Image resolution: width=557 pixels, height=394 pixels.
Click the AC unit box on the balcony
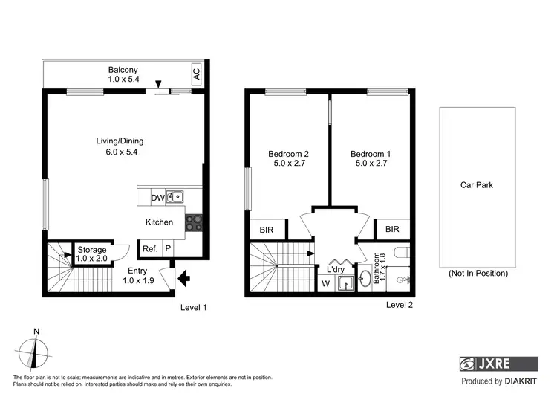coord(196,74)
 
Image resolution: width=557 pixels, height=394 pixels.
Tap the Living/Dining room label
coord(119,146)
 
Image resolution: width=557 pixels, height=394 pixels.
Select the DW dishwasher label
coord(157,198)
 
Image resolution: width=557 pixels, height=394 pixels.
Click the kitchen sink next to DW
coord(175,197)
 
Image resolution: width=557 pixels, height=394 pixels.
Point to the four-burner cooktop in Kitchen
coord(193,222)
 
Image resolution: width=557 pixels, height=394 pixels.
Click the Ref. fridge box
coord(149,249)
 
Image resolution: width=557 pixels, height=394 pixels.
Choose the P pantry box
coord(168,249)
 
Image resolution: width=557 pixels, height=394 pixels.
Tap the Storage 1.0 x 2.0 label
coord(91,253)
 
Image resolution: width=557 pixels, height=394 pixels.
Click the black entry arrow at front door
coord(183,279)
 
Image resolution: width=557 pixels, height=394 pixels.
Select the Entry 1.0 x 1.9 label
coord(138,275)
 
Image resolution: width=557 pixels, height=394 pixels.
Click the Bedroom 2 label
coord(288,159)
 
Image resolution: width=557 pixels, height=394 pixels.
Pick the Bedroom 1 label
coord(371,159)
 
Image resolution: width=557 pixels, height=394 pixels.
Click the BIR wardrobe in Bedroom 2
coord(266,230)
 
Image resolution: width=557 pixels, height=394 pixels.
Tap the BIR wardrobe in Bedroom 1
coord(393,230)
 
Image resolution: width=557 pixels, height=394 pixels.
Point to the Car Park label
coord(477,185)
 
